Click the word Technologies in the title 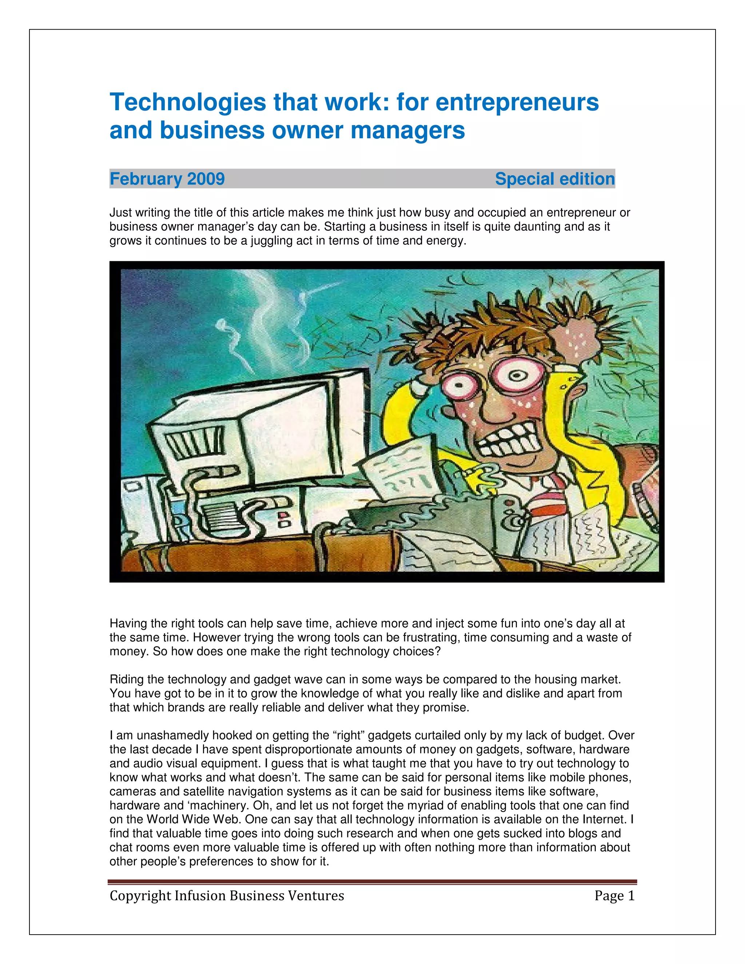point(188,103)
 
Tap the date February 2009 point(167,179)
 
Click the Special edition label point(554,179)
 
